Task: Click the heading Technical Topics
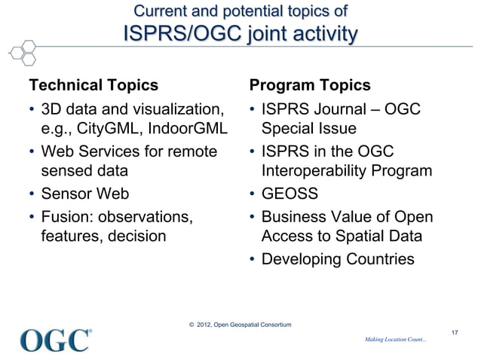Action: (x=93, y=84)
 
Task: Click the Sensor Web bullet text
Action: (x=85, y=194)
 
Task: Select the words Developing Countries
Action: (x=337, y=260)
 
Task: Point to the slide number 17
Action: (x=454, y=331)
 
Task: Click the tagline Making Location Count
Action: (x=395, y=340)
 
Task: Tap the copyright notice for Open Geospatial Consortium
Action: (x=240, y=325)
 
